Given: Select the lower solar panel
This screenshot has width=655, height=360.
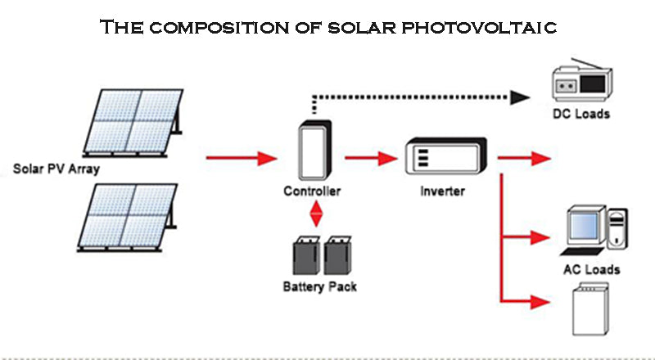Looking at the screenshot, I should click(x=132, y=217).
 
